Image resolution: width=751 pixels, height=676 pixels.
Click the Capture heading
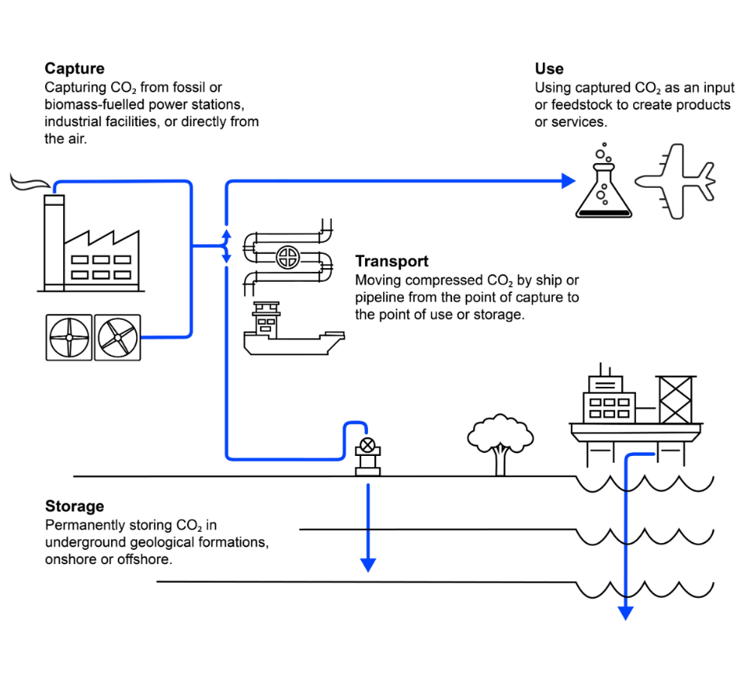[74, 68]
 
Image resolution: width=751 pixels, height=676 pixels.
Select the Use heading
[549, 68]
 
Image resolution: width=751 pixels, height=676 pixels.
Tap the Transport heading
[391, 261]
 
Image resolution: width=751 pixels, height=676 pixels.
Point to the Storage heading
[74, 506]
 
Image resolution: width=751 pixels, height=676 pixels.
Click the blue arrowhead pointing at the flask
[569, 181]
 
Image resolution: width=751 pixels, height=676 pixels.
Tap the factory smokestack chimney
[54, 243]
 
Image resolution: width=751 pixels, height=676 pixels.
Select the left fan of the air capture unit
[69, 337]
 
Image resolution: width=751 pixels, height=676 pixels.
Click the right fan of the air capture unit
[117, 337]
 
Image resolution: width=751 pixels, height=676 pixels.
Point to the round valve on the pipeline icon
[288, 257]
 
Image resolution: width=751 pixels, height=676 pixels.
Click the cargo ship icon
[294, 329]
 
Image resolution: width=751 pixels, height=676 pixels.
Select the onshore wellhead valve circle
[367, 445]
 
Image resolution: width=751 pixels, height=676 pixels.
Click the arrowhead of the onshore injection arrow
[368, 565]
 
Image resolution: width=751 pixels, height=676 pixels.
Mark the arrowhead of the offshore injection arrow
[626, 613]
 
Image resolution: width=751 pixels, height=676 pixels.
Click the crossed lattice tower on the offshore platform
[675, 400]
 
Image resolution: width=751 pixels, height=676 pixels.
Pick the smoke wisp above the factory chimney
[30, 183]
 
